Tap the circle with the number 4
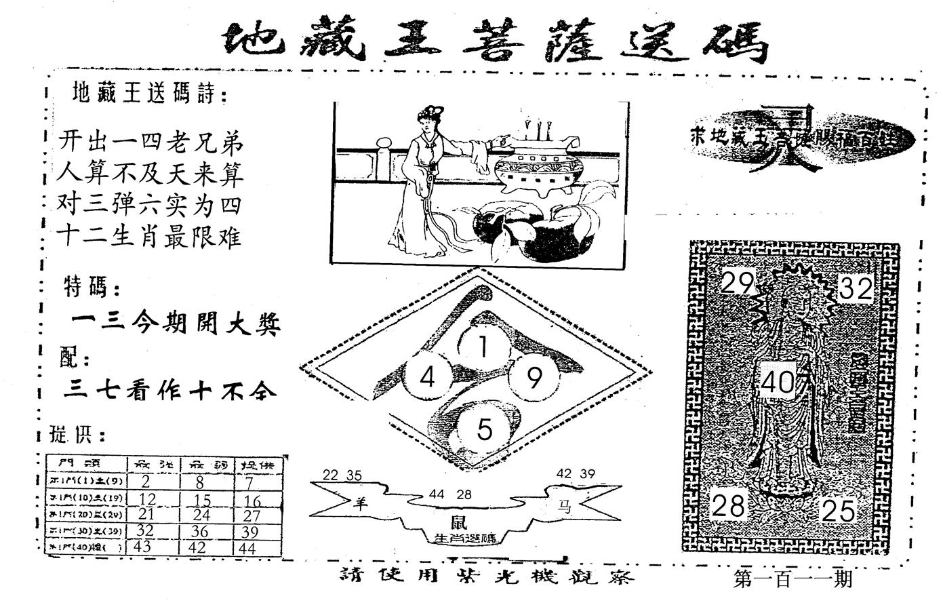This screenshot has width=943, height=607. coord(426,377)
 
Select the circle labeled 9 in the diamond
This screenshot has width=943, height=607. coord(534,378)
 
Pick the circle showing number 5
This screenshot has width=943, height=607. coord(483,429)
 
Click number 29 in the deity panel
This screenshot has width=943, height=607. coord(737,282)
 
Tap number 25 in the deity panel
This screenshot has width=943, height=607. coord(838,511)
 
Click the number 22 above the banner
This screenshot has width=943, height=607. coord(332,475)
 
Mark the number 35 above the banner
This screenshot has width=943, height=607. coord(354,475)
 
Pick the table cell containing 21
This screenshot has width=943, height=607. coord(146,514)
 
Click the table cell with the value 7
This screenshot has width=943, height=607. coord(250,482)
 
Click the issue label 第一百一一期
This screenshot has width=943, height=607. coord(792,579)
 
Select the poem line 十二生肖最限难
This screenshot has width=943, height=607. coord(150,237)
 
